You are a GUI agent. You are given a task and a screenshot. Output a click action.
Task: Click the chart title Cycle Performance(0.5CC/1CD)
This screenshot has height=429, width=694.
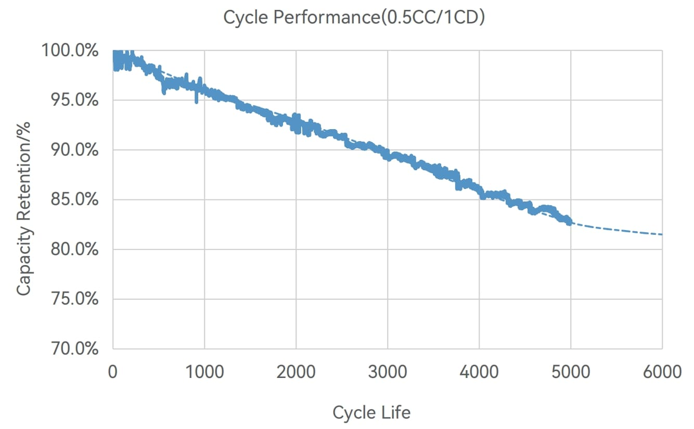point(354,17)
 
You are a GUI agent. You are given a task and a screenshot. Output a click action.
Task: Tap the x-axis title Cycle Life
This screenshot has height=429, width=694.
point(371,413)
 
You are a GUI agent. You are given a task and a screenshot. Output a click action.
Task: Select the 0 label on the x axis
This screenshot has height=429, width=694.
point(113,372)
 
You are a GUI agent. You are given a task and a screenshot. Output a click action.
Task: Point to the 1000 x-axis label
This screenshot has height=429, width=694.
point(204,372)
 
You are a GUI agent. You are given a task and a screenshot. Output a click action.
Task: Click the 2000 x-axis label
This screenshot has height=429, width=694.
point(296,372)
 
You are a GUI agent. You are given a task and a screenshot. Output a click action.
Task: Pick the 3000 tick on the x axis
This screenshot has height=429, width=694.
point(388,372)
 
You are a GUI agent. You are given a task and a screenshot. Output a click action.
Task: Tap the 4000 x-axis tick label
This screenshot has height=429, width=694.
point(479,372)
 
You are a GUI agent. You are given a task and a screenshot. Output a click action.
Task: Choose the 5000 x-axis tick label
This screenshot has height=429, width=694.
point(571,372)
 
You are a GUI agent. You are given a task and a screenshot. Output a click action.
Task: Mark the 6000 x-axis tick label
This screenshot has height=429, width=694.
point(662,372)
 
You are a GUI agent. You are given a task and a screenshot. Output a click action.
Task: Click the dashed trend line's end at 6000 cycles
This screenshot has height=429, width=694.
point(662,234)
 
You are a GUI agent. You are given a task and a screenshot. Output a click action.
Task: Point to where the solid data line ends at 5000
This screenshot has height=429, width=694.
point(570,222)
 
